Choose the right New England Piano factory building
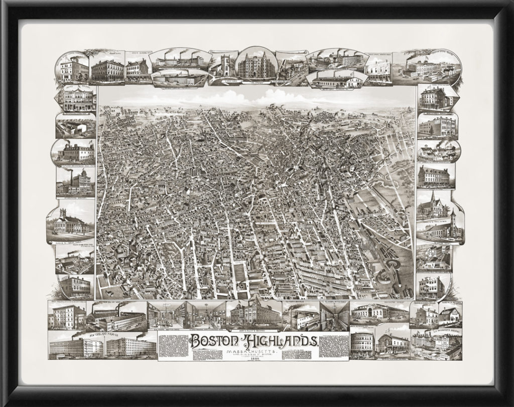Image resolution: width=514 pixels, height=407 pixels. pos(131,346)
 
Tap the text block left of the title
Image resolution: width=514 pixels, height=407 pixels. pos(173,346)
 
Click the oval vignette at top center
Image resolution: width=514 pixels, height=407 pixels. pos(256,64)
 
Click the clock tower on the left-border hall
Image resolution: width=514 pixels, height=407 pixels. pos(63,213)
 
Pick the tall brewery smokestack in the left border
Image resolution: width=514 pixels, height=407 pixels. pos(71,177)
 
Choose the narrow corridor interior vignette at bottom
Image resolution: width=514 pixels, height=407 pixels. pos(334,316)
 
